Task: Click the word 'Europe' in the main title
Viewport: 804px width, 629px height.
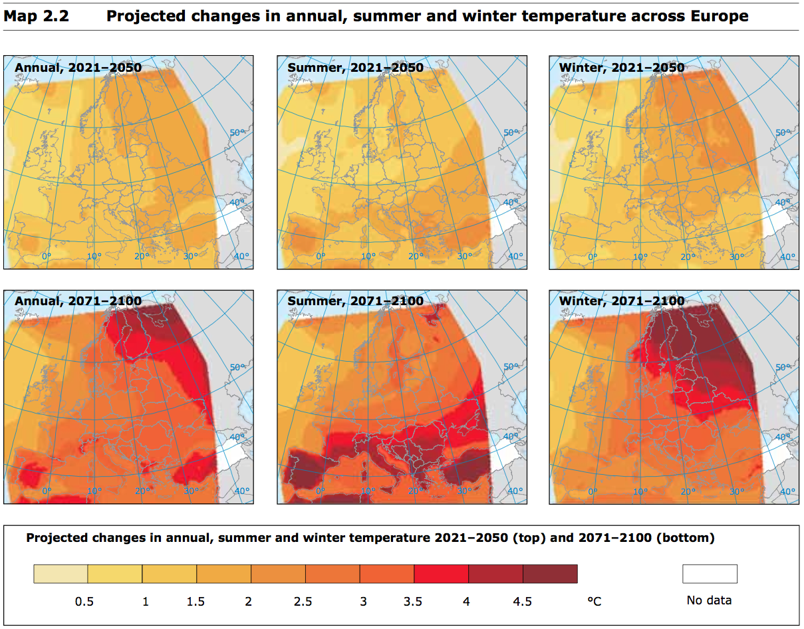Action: [720, 16]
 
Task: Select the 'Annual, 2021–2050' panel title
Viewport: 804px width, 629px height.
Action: [78, 67]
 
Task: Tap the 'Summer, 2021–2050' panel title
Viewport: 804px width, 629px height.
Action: [355, 67]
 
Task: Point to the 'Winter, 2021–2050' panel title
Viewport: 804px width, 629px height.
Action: [622, 67]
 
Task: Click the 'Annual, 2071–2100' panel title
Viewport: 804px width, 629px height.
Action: [78, 301]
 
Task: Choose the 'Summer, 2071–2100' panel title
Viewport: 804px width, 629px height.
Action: [355, 301]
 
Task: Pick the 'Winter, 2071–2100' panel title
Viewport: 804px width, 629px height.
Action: [622, 301]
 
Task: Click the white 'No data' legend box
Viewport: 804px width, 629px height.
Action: [710, 573]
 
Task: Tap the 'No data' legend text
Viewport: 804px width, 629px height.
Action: [709, 600]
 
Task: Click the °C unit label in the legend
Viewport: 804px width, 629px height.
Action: [594, 602]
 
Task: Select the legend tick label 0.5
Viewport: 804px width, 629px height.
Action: [84, 602]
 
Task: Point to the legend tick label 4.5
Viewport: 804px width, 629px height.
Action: [522, 602]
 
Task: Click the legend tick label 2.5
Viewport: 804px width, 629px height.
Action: [303, 602]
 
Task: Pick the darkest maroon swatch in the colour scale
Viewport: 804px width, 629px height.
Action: [550, 573]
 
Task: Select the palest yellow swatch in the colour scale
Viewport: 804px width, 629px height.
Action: [61, 573]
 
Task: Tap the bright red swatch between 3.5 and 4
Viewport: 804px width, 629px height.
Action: [441, 573]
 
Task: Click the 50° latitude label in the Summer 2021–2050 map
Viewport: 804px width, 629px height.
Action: [509, 133]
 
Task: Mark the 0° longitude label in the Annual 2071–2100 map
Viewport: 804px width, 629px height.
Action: [47, 491]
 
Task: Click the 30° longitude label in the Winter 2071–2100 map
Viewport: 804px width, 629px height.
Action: [736, 491]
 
